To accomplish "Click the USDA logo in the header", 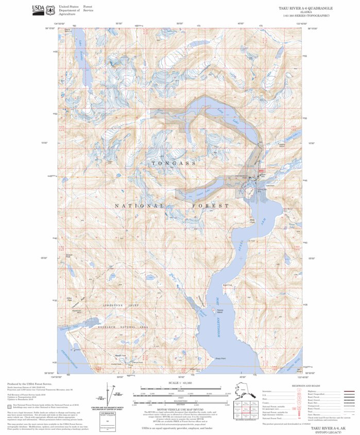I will pos(38,9).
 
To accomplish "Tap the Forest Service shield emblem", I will pos(50,9).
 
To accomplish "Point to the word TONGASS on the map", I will pos(174,163).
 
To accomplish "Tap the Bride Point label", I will pos(252,221).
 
